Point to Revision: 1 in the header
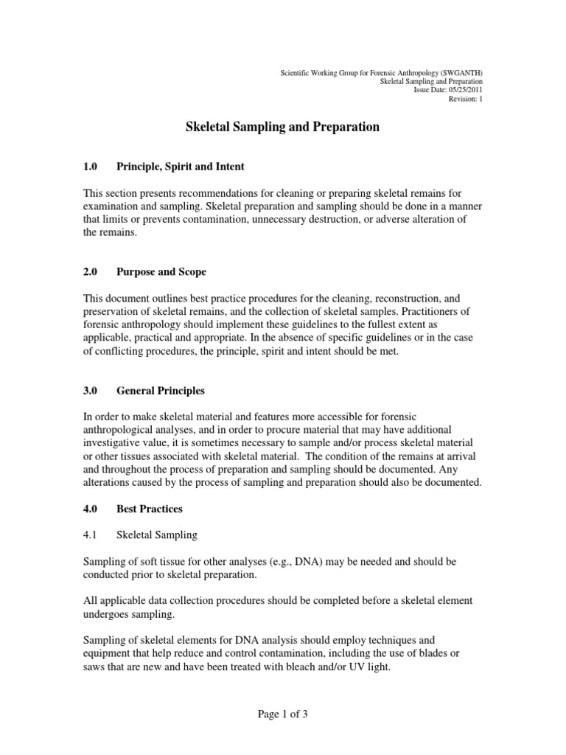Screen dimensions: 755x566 466,100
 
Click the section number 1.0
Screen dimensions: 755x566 91,167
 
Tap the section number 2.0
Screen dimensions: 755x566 91,272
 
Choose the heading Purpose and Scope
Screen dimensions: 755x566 161,272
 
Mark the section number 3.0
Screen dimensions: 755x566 91,391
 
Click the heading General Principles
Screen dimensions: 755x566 161,391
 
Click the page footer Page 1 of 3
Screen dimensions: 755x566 282,714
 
